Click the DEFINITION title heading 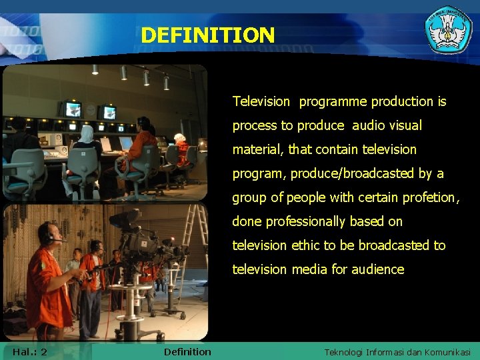pos(207,35)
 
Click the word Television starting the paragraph pos(261,101)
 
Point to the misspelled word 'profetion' pos(431,197)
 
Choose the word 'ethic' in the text pos(305,245)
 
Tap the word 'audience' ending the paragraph pos(380,269)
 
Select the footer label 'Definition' pos(187,351)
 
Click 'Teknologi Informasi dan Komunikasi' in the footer pos(397,352)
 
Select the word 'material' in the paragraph pos(259,149)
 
